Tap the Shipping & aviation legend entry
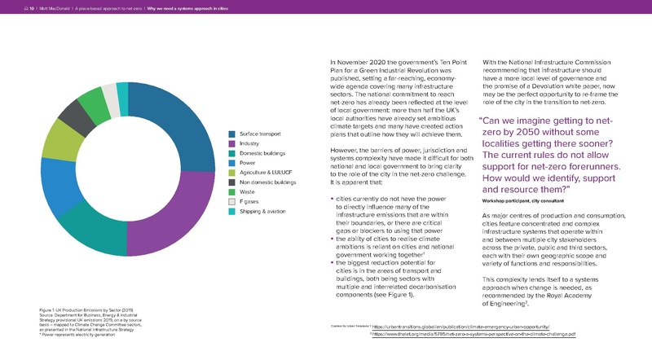point(265,212)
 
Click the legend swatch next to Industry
point(232,145)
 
